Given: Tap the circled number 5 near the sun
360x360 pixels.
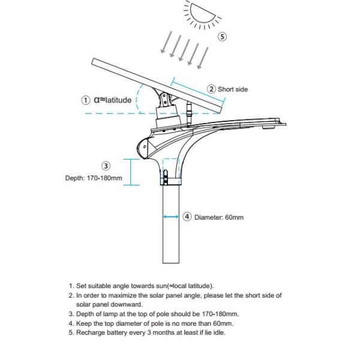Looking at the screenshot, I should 223,37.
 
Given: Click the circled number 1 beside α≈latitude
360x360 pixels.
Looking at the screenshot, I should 86,100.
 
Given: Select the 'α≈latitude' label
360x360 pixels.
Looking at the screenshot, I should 113,100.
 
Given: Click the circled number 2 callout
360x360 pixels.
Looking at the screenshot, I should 211,89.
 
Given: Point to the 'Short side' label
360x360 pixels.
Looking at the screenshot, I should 233,89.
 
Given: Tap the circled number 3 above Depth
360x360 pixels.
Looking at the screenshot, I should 106,166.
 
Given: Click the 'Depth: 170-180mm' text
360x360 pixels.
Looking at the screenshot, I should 94,178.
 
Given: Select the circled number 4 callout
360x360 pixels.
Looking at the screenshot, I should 187,217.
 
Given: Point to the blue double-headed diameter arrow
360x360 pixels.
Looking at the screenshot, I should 171,217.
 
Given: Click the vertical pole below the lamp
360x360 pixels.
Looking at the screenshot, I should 171,234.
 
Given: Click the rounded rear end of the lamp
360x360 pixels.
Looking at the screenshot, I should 145,146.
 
